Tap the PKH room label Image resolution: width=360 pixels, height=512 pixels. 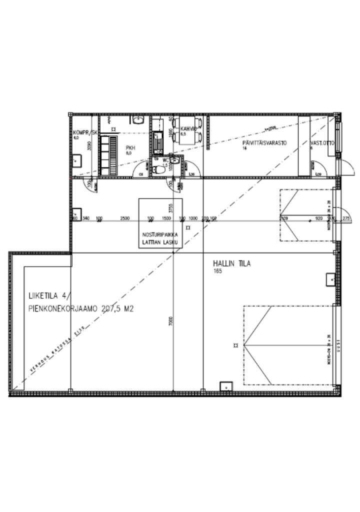click(130, 147)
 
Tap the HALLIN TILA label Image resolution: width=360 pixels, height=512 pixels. click(231, 263)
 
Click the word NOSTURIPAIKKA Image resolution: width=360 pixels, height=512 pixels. click(160, 234)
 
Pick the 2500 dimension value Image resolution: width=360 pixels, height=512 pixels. click(125, 218)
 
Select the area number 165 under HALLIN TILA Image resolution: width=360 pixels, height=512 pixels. click(217, 271)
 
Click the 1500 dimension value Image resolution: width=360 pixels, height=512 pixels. click(167, 218)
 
